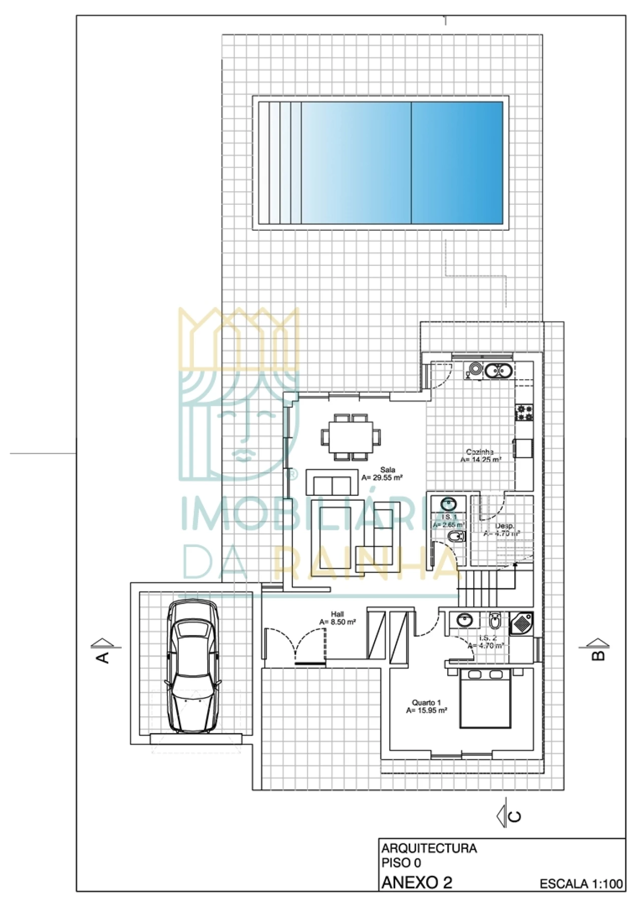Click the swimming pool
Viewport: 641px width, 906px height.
[x=381, y=163]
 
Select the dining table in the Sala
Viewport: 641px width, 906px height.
[x=351, y=436]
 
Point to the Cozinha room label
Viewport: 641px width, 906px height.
[x=480, y=452]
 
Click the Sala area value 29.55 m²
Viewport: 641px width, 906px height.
[x=382, y=478]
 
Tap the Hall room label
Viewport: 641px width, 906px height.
[x=337, y=614]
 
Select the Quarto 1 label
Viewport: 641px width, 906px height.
[x=426, y=703]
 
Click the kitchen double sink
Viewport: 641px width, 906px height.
[x=498, y=371]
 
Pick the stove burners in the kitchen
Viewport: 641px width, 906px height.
[x=524, y=413]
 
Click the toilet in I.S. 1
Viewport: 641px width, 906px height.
[x=455, y=537]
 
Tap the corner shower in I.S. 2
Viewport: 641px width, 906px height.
[x=522, y=624]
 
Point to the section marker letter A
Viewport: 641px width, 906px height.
[x=103, y=658]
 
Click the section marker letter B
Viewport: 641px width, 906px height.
[x=598, y=655]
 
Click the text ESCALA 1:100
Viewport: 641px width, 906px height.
[x=581, y=884]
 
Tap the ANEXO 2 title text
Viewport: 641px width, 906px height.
[x=417, y=882]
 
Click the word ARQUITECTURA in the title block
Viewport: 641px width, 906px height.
[x=429, y=848]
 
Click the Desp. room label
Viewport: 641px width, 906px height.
[x=504, y=526]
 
